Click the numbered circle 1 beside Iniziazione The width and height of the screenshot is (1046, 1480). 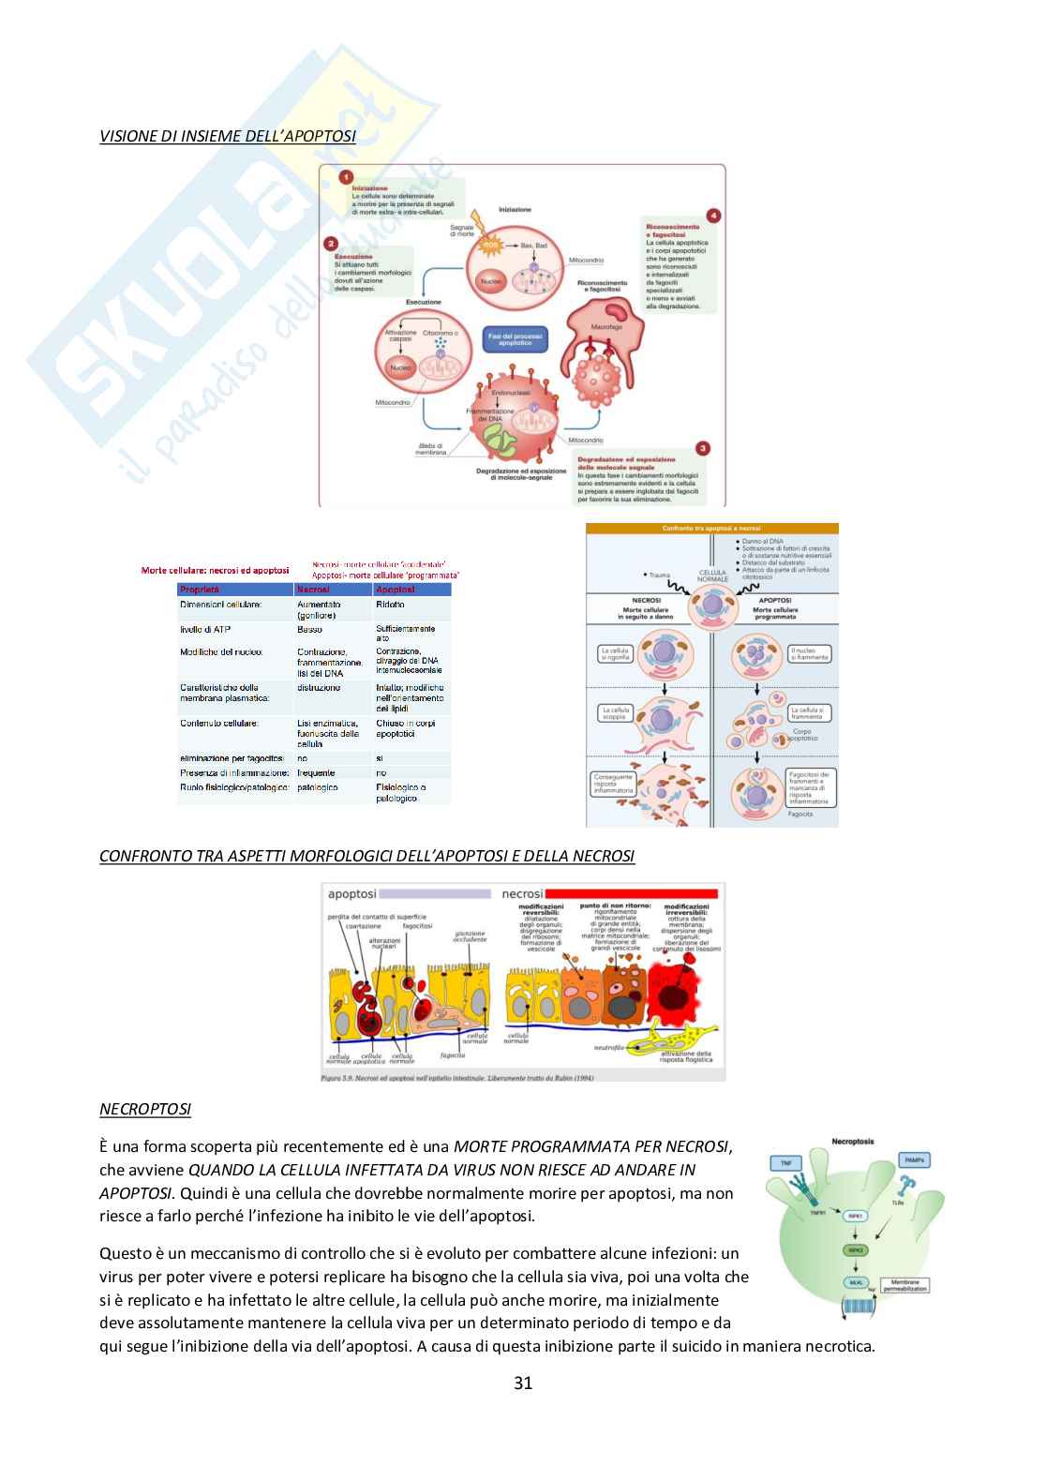pos(346,177)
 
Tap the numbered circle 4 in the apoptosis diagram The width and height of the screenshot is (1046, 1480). pos(713,216)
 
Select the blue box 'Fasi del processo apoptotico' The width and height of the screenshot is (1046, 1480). pos(515,339)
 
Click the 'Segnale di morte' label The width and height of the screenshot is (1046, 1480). pos(463,231)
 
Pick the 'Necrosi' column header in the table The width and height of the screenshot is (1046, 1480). pos(313,590)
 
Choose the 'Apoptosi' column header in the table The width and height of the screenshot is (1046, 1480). pos(395,590)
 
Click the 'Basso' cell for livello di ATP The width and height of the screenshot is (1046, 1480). pos(309,629)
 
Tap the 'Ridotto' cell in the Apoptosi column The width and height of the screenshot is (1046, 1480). pos(390,605)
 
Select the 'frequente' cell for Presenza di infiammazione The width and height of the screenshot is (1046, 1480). pos(316,773)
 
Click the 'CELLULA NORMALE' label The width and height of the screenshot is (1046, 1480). pos(712,576)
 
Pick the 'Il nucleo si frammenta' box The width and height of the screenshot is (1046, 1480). pos(809,653)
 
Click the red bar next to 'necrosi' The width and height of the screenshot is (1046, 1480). pos(631,894)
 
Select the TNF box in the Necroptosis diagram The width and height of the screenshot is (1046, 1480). pos(784,1163)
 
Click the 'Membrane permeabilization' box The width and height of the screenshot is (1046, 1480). pos(904,1286)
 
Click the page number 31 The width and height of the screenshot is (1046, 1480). pos(523,1383)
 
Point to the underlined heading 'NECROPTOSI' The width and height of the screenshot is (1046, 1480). pos(145,1110)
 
